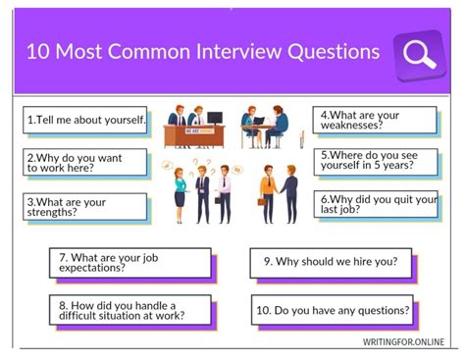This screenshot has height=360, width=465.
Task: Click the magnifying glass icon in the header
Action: pyautogui.click(x=420, y=53)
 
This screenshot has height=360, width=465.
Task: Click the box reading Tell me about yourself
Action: pyautogui.click(x=86, y=120)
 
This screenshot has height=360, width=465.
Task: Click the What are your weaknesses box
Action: pyautogui.click(x=375, y=120)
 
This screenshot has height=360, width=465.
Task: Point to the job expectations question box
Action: pyautogui.click(x=129, y=262)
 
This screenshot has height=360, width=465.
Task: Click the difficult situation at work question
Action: pyautogui.click(x=129, y=310)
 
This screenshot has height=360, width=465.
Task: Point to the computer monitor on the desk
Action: pyautogui.click(x=214, y=119)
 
